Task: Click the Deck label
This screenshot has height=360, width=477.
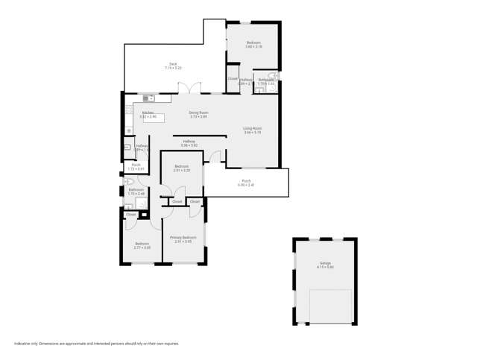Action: point(173,66)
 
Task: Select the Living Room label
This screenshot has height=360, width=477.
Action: point(253,130)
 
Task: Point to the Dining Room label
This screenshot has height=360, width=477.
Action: point(198,114)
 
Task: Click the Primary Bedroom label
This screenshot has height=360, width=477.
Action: point(183,239)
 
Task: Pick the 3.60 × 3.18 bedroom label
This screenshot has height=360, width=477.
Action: point(254,45)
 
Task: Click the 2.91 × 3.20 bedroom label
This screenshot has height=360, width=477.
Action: point(182,168)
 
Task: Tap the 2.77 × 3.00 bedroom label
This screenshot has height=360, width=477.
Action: point(142,245)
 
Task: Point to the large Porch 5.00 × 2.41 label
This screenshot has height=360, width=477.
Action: point(246,182)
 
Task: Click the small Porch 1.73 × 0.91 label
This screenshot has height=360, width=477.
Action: point(136,167)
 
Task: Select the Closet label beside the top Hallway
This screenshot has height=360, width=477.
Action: point(233,78)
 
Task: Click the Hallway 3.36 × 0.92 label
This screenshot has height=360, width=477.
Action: point(189,143)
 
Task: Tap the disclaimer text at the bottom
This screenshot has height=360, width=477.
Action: point(97,344)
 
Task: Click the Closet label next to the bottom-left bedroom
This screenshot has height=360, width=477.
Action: point(131,215)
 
